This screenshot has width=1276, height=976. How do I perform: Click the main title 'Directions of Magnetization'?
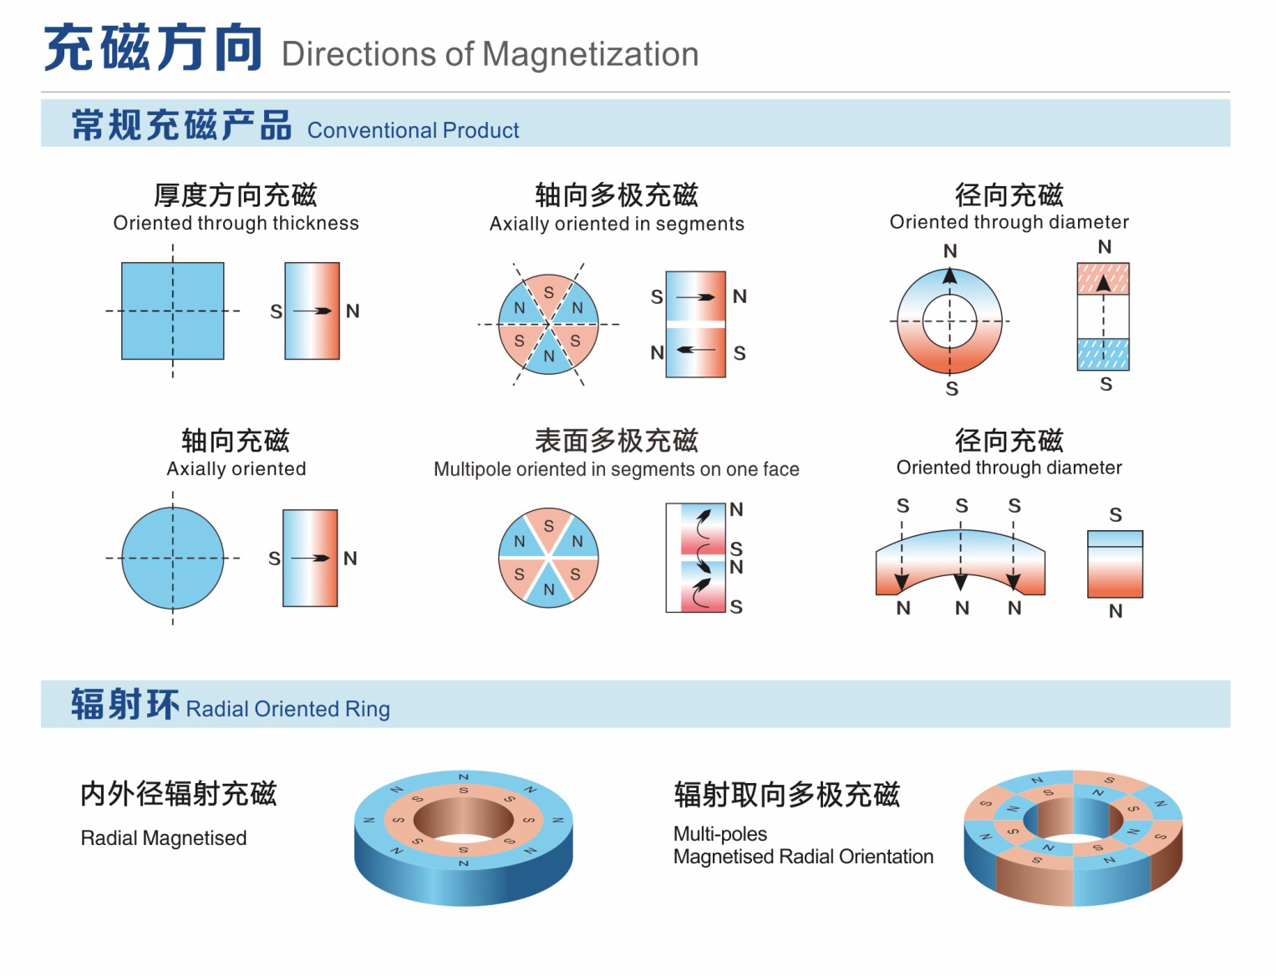490,54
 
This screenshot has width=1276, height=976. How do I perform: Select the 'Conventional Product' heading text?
413,130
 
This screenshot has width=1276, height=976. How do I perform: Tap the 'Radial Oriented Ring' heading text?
287,709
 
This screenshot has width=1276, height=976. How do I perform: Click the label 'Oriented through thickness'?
236,223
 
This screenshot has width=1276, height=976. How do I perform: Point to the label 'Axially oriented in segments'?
617,224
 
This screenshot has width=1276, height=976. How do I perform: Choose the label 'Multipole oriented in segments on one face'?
616,469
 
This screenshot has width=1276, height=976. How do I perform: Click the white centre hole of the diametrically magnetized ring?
949,321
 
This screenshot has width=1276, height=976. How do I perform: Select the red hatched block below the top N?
1103,279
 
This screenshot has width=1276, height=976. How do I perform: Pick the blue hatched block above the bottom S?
1103,354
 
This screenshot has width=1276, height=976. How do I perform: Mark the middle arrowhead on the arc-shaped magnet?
961,582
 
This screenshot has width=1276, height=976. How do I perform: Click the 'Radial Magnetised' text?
163,838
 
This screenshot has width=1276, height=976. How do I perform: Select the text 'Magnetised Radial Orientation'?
803,857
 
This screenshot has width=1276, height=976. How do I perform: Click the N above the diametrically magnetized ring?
950,251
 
